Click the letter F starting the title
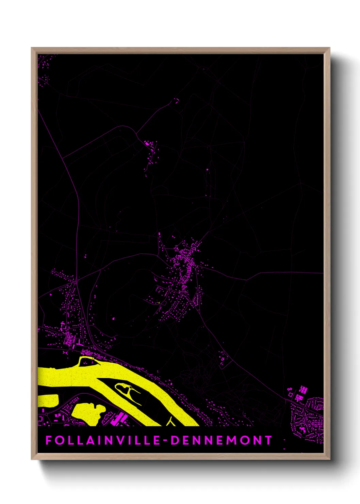(48, 440)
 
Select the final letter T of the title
(269, 440)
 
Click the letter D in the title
(175, 440)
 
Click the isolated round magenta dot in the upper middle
(207, 169)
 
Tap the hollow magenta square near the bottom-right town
(290, 394)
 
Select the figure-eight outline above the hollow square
(290, 389)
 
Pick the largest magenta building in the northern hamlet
(147, 144)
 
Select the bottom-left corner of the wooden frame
(32, 459)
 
